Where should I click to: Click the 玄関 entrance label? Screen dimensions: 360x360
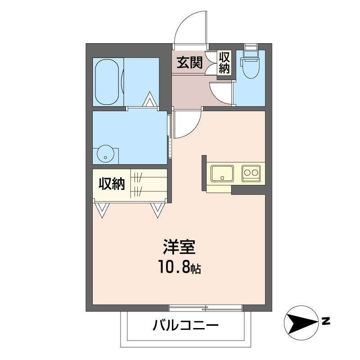(x=189, y=62)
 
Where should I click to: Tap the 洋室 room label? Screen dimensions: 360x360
(x=179, y=247)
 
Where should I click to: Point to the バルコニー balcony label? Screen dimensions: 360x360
(x=185, y=325)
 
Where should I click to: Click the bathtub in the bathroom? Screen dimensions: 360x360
(x=107, y=82)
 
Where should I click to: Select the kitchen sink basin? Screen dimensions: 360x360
(x=222, y=173)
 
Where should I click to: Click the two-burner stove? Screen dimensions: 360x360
(x=251, y=173)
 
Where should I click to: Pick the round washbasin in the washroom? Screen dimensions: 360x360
(x=106, y=153)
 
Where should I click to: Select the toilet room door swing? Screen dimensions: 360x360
(x=220, y=94)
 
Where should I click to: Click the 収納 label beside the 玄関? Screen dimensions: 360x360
(x=224, y=63)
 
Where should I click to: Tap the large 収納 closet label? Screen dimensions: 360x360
(x=112, y=184)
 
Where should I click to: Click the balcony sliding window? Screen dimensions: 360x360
(x=206, y=308)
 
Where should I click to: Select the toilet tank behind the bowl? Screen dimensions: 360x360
(x=251, y=54)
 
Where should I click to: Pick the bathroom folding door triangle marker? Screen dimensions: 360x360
(x=149, y=99)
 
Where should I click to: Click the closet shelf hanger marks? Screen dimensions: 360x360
(x=138, y=184)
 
